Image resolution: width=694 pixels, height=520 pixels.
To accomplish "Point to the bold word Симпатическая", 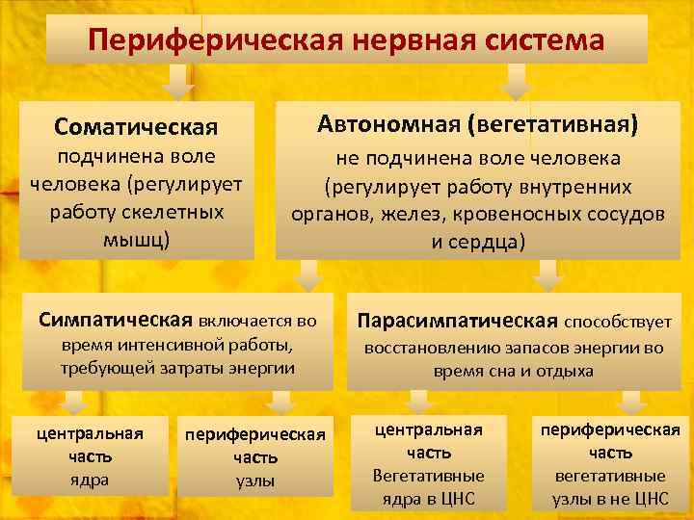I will [x=116, y=319].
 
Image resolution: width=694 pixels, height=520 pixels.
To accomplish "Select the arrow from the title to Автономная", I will [x=517, y=79].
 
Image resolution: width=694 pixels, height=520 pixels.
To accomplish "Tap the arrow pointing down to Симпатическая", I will [x=308, y=276].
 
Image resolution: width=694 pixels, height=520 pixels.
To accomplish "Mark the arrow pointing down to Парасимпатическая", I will [x=547, y=276].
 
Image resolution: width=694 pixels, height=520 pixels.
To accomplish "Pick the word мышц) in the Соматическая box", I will [x=136, y=237].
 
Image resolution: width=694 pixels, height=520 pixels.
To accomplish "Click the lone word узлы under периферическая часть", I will [x=255, y=481].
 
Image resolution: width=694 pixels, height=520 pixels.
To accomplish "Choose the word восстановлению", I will [x=428, y=348].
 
